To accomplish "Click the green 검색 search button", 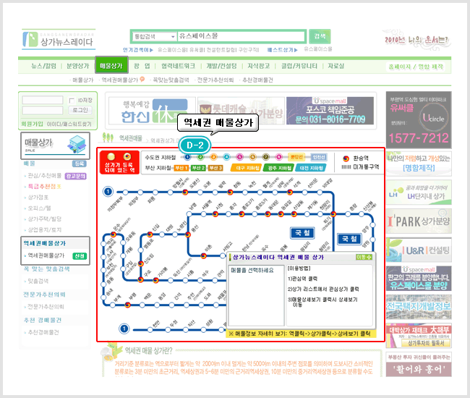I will (318, 35).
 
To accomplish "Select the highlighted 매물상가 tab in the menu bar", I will (111, 66).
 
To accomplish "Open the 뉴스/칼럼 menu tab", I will (44, 66).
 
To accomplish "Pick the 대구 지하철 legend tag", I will (249, 167).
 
